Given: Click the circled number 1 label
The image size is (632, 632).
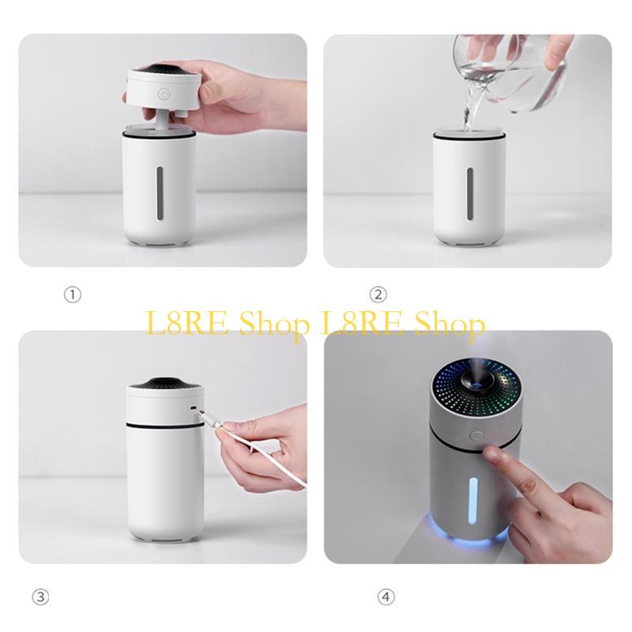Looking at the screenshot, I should [73, 295].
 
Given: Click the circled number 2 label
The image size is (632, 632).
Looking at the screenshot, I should [379, 295].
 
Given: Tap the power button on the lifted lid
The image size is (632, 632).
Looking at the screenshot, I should [163, 95].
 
